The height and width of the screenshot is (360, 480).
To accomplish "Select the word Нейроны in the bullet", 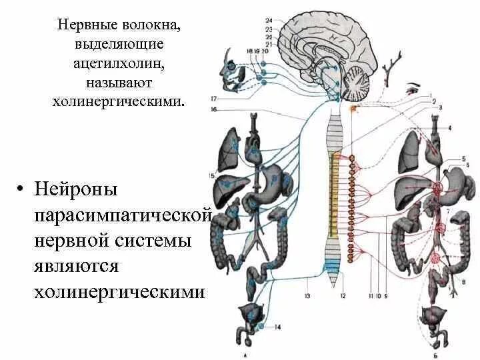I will [x=77, y=189].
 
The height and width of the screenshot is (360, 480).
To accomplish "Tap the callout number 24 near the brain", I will [x=269, y=21].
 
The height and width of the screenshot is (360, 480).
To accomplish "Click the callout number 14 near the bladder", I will [x=277, y=326].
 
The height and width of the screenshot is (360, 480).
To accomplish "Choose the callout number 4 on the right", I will [x=450, y=127].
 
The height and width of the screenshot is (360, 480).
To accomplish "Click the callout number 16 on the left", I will [x=214, y=109].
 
